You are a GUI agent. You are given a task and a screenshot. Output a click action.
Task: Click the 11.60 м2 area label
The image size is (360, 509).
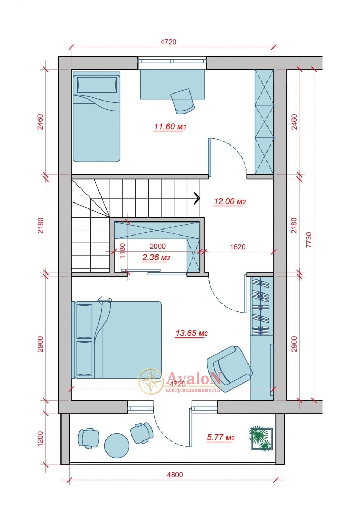170,127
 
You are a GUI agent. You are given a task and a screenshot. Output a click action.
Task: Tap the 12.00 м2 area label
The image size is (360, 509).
230,201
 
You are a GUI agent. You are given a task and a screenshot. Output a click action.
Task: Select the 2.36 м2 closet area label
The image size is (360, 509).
156,258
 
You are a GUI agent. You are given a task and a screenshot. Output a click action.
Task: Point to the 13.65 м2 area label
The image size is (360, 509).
191,333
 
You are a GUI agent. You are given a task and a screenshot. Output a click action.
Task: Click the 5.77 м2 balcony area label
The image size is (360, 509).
220,437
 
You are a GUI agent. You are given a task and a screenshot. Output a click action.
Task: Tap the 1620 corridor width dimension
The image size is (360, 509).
238,246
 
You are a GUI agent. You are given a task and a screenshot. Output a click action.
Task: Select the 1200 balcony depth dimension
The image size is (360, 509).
40,439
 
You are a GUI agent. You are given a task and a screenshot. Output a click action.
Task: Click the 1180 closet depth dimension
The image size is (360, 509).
122,251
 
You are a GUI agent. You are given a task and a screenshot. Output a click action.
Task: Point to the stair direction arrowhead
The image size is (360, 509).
197,198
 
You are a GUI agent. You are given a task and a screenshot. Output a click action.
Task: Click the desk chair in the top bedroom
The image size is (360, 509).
182,101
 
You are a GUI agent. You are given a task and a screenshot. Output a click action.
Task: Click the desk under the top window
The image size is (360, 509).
173,84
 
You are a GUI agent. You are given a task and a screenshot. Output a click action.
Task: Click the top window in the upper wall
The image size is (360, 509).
172,61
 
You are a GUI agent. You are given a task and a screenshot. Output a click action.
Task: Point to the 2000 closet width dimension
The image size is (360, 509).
157,246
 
